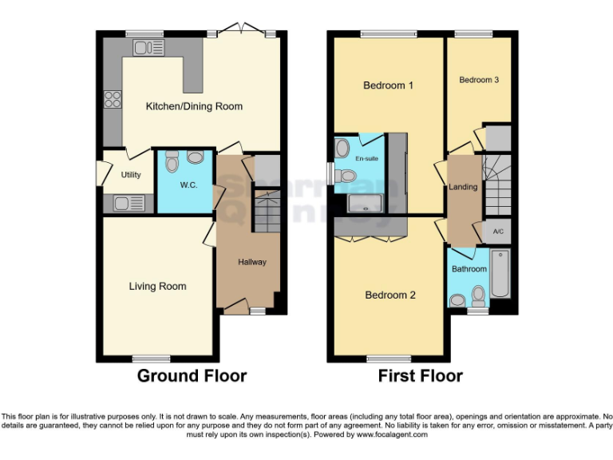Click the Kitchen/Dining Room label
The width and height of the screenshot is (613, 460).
[193, 106]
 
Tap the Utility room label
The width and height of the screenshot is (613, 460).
[131, 174]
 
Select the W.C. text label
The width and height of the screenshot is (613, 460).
[188, 185]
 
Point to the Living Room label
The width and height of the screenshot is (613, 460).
[157, 286]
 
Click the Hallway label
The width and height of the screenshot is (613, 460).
[251, 262]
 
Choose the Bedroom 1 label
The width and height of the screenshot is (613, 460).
[388, 85]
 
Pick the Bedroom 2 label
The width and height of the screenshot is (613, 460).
[390, 295]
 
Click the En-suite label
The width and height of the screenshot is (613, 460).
[366, 159]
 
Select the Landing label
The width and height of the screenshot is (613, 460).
[463, 187]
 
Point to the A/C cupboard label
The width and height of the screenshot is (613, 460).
[498, 232]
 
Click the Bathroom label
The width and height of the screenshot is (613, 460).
[469, 269]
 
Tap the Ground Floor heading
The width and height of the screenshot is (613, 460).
[192, 375]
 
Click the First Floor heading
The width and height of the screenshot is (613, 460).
[420, 375]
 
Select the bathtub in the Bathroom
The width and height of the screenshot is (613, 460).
[501, 273]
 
